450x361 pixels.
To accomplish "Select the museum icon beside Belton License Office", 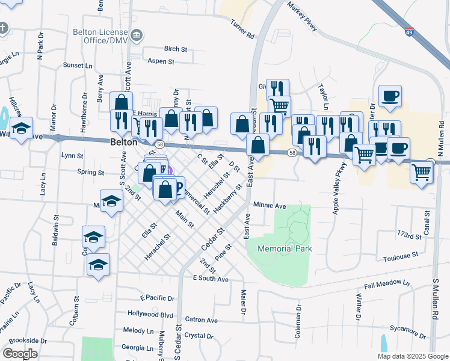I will point(137,34).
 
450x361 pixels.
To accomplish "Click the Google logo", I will point(20,354).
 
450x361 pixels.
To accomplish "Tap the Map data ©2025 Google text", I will point(412,356).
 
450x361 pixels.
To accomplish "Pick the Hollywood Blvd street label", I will point(150,314).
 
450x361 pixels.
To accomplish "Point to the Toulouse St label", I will point(399,255).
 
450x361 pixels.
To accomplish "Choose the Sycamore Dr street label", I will point(407,329).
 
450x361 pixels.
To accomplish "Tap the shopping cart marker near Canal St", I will point(421,172).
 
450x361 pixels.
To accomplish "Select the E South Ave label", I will point(211,279).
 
